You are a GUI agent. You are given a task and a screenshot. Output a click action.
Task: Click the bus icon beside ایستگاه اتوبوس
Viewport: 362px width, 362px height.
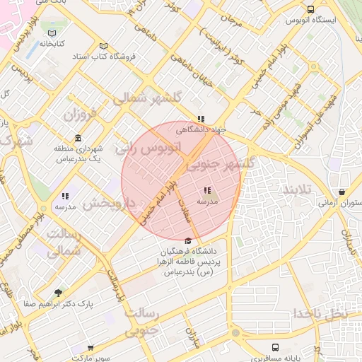pos(311,9)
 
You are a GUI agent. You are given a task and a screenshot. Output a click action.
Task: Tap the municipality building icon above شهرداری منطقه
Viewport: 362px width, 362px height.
pos(77,138)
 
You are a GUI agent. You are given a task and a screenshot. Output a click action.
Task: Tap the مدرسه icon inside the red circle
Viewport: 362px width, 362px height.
pos(207,190)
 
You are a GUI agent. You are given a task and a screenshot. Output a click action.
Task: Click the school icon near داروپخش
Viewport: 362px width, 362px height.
pos(65,196)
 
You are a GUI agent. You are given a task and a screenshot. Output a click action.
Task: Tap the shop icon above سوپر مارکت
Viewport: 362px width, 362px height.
pos(90,348)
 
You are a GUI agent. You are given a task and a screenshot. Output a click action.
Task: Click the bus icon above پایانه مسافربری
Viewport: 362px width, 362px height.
pos(275,348)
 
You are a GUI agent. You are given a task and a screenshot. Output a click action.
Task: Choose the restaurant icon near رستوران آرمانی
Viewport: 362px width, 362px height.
pos(342,192)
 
